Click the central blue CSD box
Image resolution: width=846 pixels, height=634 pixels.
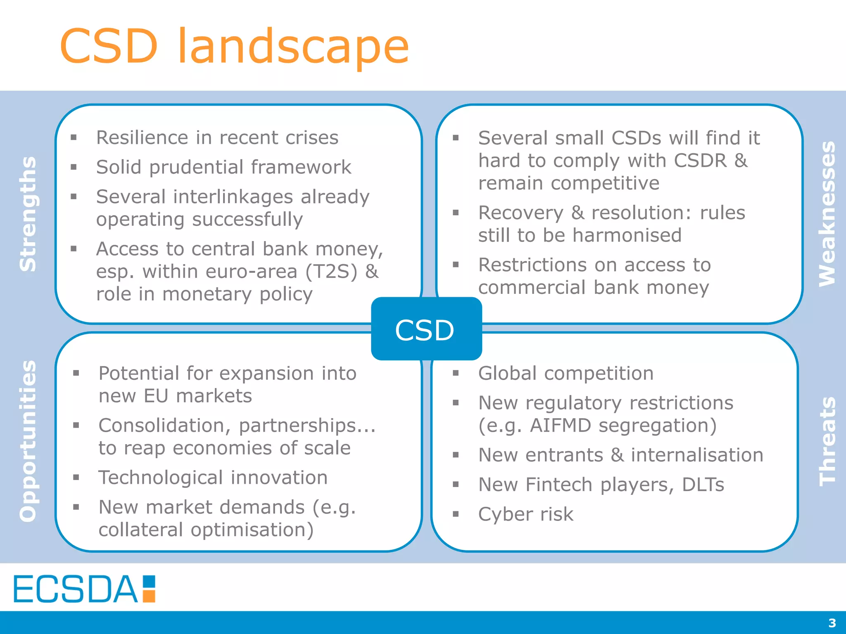[426, 329]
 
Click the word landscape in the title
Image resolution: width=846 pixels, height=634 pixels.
[293, 46]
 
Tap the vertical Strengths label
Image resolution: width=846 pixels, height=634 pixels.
[28, 214]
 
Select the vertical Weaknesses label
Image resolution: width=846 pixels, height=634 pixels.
[827, 214]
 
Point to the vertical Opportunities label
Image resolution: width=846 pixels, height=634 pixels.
[28, 441]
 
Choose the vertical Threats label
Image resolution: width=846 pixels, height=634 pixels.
[827, 441]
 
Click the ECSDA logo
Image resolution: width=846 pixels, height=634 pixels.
[84, 589]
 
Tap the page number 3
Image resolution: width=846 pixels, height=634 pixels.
[832, 622]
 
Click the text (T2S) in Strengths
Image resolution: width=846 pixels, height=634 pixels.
[331, 272]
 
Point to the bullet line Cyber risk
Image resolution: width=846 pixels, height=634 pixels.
[525, 514]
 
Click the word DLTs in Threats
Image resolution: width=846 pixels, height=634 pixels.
[703, 485]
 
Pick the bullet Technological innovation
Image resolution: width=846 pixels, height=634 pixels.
[213, 478]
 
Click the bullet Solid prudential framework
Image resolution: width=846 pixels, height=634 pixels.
[223, 167]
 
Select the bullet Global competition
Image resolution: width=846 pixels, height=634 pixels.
[566, 373]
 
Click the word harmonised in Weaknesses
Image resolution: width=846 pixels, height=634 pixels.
[627, 235]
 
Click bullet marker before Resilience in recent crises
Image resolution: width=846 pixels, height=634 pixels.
[74, 137]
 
